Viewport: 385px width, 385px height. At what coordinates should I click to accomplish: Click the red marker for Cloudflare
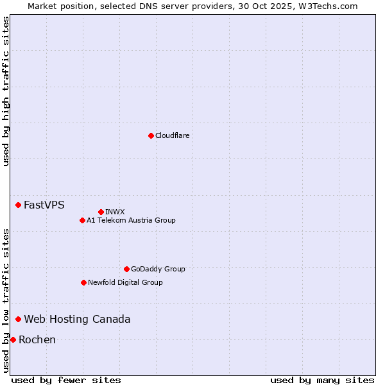point(151,135)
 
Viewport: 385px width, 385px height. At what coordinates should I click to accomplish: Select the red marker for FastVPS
point(19,205)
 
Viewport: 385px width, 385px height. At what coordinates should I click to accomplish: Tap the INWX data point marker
point(101,212)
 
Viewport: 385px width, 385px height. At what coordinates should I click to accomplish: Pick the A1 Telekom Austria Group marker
point(82,220)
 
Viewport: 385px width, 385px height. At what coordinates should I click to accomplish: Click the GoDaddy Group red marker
point(126,269)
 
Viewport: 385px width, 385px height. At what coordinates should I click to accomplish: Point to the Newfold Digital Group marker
point(83,282)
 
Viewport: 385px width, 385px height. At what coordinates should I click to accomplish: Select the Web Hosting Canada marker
point(19,319)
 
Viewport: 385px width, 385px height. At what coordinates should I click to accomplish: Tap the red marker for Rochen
point(13,339)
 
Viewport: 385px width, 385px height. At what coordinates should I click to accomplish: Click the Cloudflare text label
point(173,135)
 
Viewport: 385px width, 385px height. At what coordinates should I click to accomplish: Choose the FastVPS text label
point(44,205)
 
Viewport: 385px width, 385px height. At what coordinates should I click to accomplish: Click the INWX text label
point(116,212)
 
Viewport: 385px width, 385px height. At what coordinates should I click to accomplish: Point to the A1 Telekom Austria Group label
point(131,220)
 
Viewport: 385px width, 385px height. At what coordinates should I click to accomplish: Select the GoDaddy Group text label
point(158,269)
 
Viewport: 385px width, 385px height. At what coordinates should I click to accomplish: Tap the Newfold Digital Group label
point(125,282)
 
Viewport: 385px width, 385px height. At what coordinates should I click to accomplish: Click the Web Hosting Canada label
point(77,320)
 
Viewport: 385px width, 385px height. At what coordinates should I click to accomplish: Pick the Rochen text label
point(37,340)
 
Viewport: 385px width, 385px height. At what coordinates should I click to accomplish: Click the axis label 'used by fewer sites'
point(66,380)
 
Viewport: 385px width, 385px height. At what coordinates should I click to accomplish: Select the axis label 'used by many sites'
point(322,380)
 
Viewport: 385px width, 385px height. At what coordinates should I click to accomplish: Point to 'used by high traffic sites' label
point(6,91)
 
